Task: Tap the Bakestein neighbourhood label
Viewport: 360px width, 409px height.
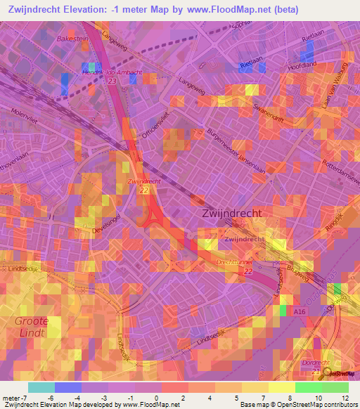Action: tap(73, 39)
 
